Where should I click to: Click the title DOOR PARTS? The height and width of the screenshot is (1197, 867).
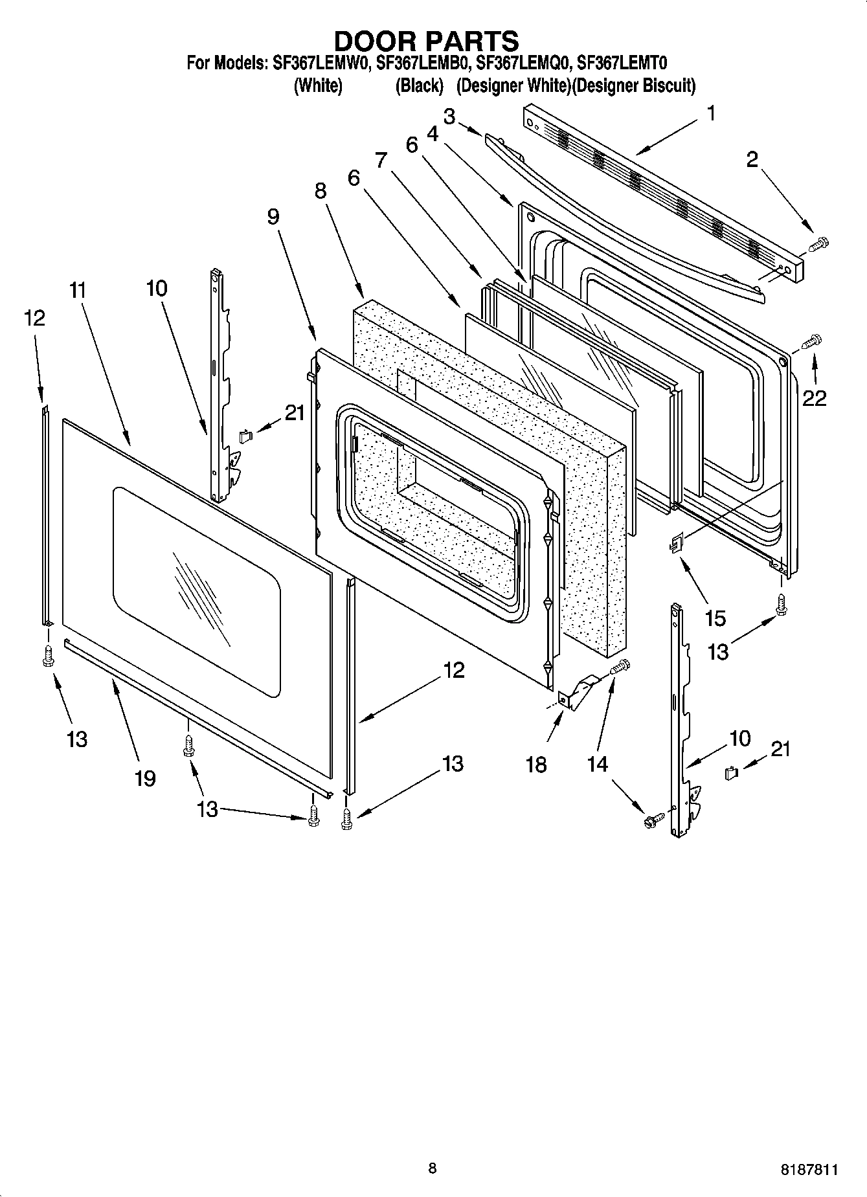pos(426,41)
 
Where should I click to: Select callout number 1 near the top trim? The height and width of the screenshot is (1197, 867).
pos(711,114)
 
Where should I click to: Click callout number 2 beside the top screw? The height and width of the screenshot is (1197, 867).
pos(752,159)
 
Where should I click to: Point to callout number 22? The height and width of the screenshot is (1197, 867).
pos(814,398)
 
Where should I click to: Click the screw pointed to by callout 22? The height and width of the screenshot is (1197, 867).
pos(811,341)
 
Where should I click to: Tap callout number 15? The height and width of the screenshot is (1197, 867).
pos(715,618)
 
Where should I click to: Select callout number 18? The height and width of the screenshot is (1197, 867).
pos(537,765)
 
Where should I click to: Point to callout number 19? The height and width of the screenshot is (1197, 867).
pos(145,777)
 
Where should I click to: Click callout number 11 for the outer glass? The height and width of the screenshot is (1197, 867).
pos(78,290)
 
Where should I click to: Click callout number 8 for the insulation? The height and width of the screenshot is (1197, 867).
pos(321,191)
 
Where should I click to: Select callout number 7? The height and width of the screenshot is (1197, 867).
pos(380,159)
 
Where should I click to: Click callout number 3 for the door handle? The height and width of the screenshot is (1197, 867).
pos(449,117)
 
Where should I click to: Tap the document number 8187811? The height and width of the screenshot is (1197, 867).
pos(809,1169)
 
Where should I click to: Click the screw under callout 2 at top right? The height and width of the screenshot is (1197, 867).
pos(819,244)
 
